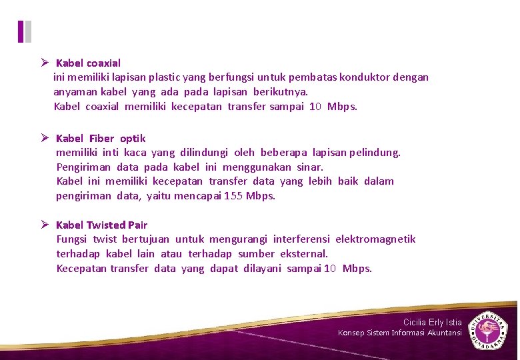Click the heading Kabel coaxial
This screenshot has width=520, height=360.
(x=88, y=63)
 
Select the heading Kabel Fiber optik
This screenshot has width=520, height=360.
(x=101, y=139)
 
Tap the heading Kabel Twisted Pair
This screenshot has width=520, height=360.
(x=101, y=225)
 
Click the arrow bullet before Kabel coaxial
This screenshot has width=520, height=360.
(x=44, y=63)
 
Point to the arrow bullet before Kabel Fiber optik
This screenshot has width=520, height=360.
(x=44, y=138)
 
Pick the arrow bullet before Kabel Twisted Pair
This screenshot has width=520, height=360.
(x=44, y=225)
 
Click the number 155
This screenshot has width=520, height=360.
(x=233, y=196)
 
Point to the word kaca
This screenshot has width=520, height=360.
(x=136, y=153)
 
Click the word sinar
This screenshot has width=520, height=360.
(x=309, y=167)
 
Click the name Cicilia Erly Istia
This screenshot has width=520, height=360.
(x=432, y=323)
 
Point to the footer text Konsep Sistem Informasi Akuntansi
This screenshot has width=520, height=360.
(x=399, y=333)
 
